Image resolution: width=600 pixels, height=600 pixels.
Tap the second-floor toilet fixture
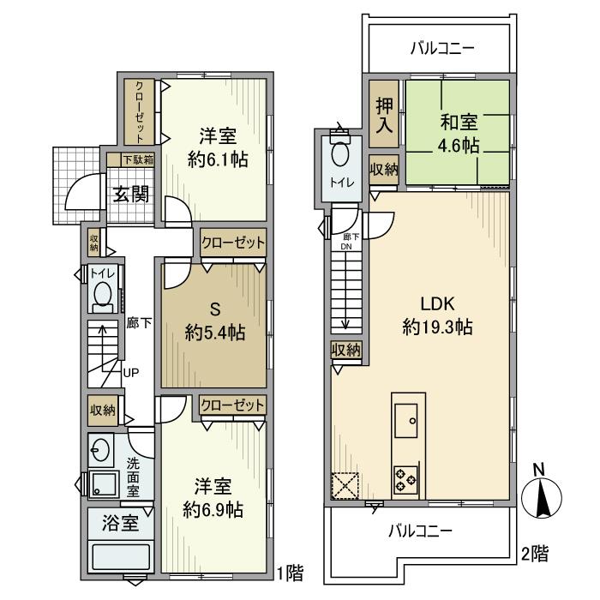click(340, 155)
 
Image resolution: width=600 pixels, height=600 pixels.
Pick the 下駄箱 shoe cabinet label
click(136, 159)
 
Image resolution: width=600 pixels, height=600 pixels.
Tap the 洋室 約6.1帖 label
click(218, 147)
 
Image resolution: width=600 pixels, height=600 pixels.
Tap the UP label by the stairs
click(131, 373)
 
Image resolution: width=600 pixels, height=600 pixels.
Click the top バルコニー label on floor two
click(441, 47)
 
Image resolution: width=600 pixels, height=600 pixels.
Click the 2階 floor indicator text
click(534, 554)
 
